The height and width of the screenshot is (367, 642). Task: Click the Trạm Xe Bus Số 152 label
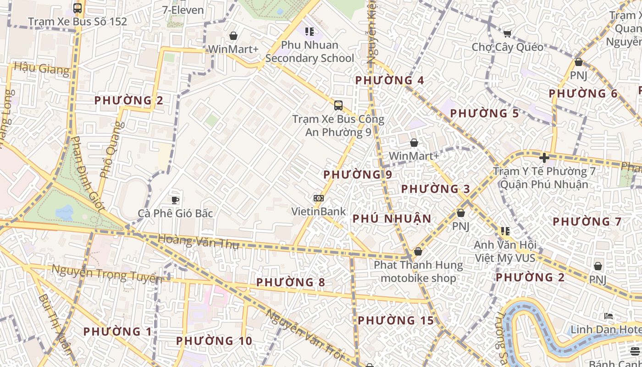click(x=77, y=22)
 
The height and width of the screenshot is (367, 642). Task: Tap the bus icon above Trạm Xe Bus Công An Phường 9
click(x=338, y=105)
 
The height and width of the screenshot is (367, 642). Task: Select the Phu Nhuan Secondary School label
click(x=310, y=52)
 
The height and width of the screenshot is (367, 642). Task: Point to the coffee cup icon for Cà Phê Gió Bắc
click(x=175, y=200)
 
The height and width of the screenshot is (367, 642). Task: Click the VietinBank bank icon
click(x=319, y=198)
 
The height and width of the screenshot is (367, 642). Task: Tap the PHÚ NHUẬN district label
click(x=392, y=219)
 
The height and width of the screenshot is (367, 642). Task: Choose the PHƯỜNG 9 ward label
click(x=358, y=175)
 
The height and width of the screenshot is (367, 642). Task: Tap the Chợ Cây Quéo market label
click(x=508, y=47)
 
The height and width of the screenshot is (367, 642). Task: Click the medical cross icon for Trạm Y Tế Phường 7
click(x=544, y=158)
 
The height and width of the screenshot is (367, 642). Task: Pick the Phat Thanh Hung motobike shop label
click(x=418, y=272)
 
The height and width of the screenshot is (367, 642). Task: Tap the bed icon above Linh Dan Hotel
click(x=609, y=316)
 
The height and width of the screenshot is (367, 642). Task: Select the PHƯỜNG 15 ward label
click(x=395, y=321)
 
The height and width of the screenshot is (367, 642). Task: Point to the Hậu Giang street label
click(x=42, y=69)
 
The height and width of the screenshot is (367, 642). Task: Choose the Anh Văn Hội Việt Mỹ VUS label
click(x=505, y=251)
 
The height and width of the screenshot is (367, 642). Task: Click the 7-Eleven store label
click(x=183, y=10)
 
